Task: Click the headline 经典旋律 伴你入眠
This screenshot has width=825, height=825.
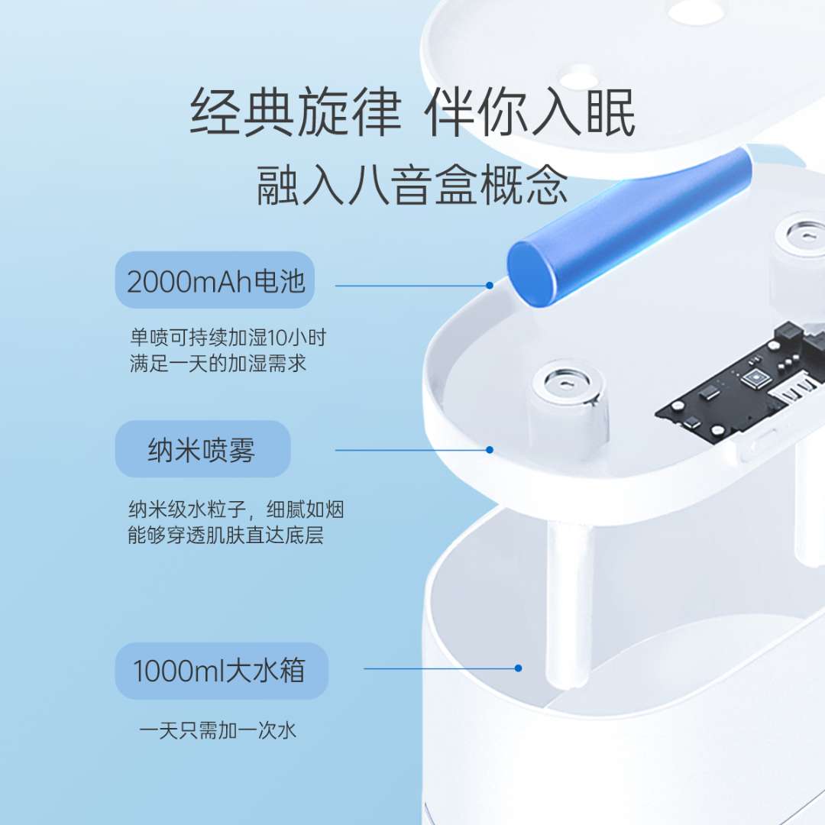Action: (x=412, y=112)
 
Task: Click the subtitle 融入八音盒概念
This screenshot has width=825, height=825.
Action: (x=412, y=185)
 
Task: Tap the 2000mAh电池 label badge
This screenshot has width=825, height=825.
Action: (x=215, y=280)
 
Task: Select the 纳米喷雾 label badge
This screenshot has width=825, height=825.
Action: (x=202, y=449)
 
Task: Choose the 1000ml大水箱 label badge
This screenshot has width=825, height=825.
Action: (x=222, y=671)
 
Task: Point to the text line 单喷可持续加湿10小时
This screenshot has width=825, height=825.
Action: (x=228, y=338)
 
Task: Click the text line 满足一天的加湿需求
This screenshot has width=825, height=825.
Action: (x=218, y=363)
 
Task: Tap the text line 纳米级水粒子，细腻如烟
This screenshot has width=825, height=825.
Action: (x=236, y=510)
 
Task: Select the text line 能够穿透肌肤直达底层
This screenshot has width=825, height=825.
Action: (x=225, y=535)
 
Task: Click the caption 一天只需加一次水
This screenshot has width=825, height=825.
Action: (x=218, y=730)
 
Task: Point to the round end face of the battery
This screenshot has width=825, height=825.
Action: (x=532, y=273)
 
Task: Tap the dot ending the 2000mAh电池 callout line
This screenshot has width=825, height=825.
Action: (x=490, y=285)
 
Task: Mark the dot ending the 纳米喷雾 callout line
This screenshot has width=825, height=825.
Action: (x=490, y=450)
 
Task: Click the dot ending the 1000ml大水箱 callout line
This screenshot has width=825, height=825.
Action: (x=518, y=668)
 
